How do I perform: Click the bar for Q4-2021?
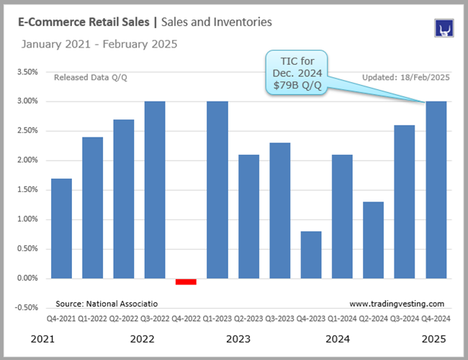(61, 228)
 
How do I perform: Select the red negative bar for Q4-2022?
(186, 282)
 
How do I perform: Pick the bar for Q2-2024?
(372, 240)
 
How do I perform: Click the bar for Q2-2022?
(123, 199)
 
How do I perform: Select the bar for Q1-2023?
(217, 189)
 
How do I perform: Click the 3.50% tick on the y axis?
(27, 72)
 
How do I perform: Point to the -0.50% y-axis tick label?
(26, 307)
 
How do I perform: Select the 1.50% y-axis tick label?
(27, 190)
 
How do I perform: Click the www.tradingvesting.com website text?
(397, 304)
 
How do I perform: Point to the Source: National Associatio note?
(107, 304)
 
